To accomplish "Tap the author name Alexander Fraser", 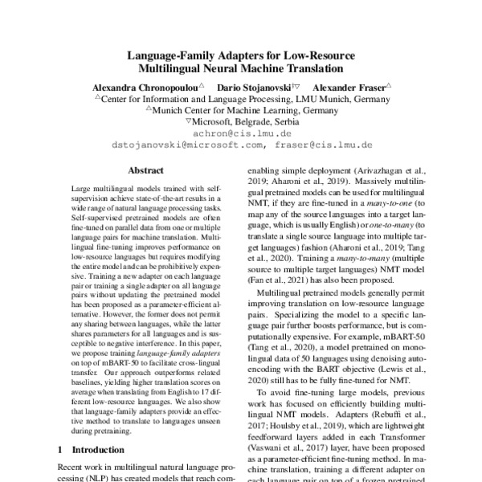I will point(349,85).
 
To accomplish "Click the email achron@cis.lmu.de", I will point(241,133).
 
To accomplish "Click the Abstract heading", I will point(145,171).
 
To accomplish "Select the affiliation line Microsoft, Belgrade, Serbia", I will point(245,120).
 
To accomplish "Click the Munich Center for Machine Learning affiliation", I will point(246,109).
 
